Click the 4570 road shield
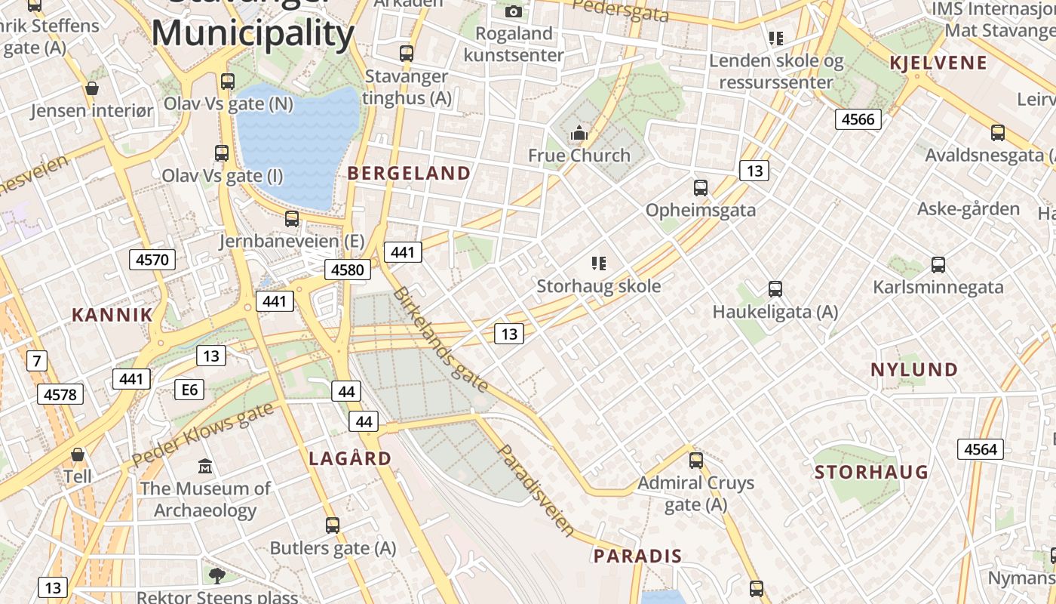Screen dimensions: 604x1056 point(152,260)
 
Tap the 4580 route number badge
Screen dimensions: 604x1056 point(348,270)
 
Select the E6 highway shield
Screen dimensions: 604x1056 point(189,390)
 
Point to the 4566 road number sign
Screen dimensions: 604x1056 point(858,119)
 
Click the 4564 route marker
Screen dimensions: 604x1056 point(981,449)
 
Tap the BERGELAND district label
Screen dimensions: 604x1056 point(409,173)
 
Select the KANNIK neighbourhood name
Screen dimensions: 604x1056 point(112,315)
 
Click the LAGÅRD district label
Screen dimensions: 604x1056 point(350,458)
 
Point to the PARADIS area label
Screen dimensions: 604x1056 point(637,556)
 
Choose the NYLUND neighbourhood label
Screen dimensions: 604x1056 point(914,370)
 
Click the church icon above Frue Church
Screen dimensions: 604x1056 point(579,134)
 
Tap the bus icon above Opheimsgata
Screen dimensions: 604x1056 point(701,188)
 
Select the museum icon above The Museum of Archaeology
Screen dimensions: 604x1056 point(205,466)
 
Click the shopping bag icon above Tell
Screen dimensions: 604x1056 point(77,455)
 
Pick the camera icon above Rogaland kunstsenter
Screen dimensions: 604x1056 point(514,11)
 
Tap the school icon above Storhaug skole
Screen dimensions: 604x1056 point(599,263)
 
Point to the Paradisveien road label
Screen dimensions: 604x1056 point(536,490)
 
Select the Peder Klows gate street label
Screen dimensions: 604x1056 point(202,434)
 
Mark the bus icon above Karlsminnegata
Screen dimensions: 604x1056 point(938,265)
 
